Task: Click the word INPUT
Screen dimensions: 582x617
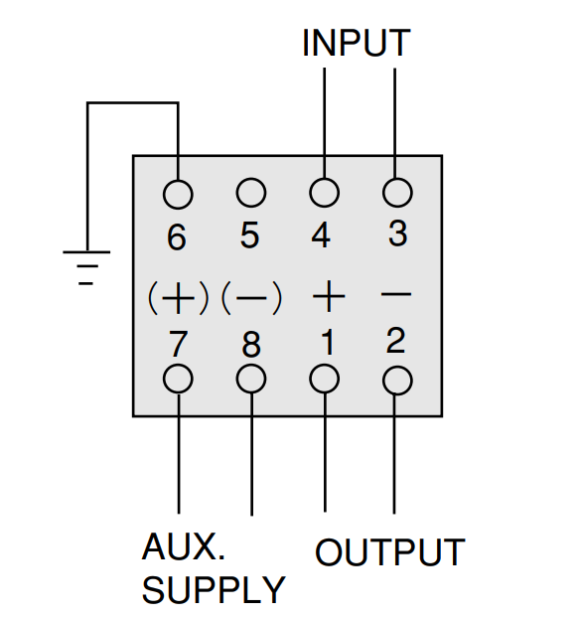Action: click(x=357, y=43)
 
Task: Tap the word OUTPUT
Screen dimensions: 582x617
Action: click(x=390, y=552)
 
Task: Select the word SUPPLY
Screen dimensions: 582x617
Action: click(x=214, y=589)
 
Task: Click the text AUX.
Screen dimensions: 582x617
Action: click(x=184, y=546)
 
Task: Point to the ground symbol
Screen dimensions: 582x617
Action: click(x=86, y=267)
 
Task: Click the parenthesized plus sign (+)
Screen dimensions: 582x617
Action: click(x=178, y=297)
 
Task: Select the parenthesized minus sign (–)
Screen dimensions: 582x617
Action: click(x=251, y=297)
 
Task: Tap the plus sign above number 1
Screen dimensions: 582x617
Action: click(x=329, y=296)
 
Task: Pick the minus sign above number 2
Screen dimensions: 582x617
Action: click(x=396, y=294)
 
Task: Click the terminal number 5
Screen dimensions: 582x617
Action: click(x=249, y=234)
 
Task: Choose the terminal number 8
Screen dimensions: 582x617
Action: click(x=251, y=345)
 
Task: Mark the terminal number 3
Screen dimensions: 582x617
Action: click(x=397, y=233)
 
